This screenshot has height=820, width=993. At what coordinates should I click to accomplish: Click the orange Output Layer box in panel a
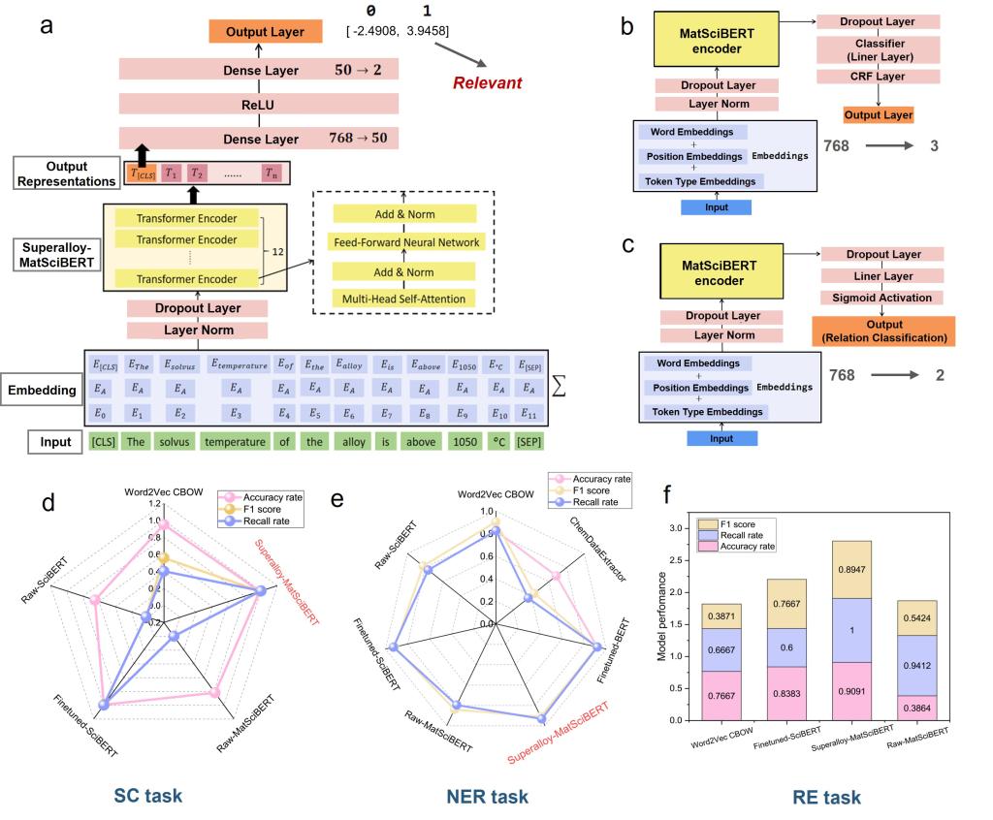[265, 32]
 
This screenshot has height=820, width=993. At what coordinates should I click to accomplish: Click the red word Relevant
[487, 82]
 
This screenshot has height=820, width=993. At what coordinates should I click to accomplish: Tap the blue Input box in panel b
[718, 205]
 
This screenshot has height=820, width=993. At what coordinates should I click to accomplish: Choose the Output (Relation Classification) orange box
[881, 331]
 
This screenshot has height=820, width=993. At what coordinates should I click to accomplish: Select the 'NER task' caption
[489, 797]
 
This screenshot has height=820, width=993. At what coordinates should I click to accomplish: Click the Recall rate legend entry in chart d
[262, 520]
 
